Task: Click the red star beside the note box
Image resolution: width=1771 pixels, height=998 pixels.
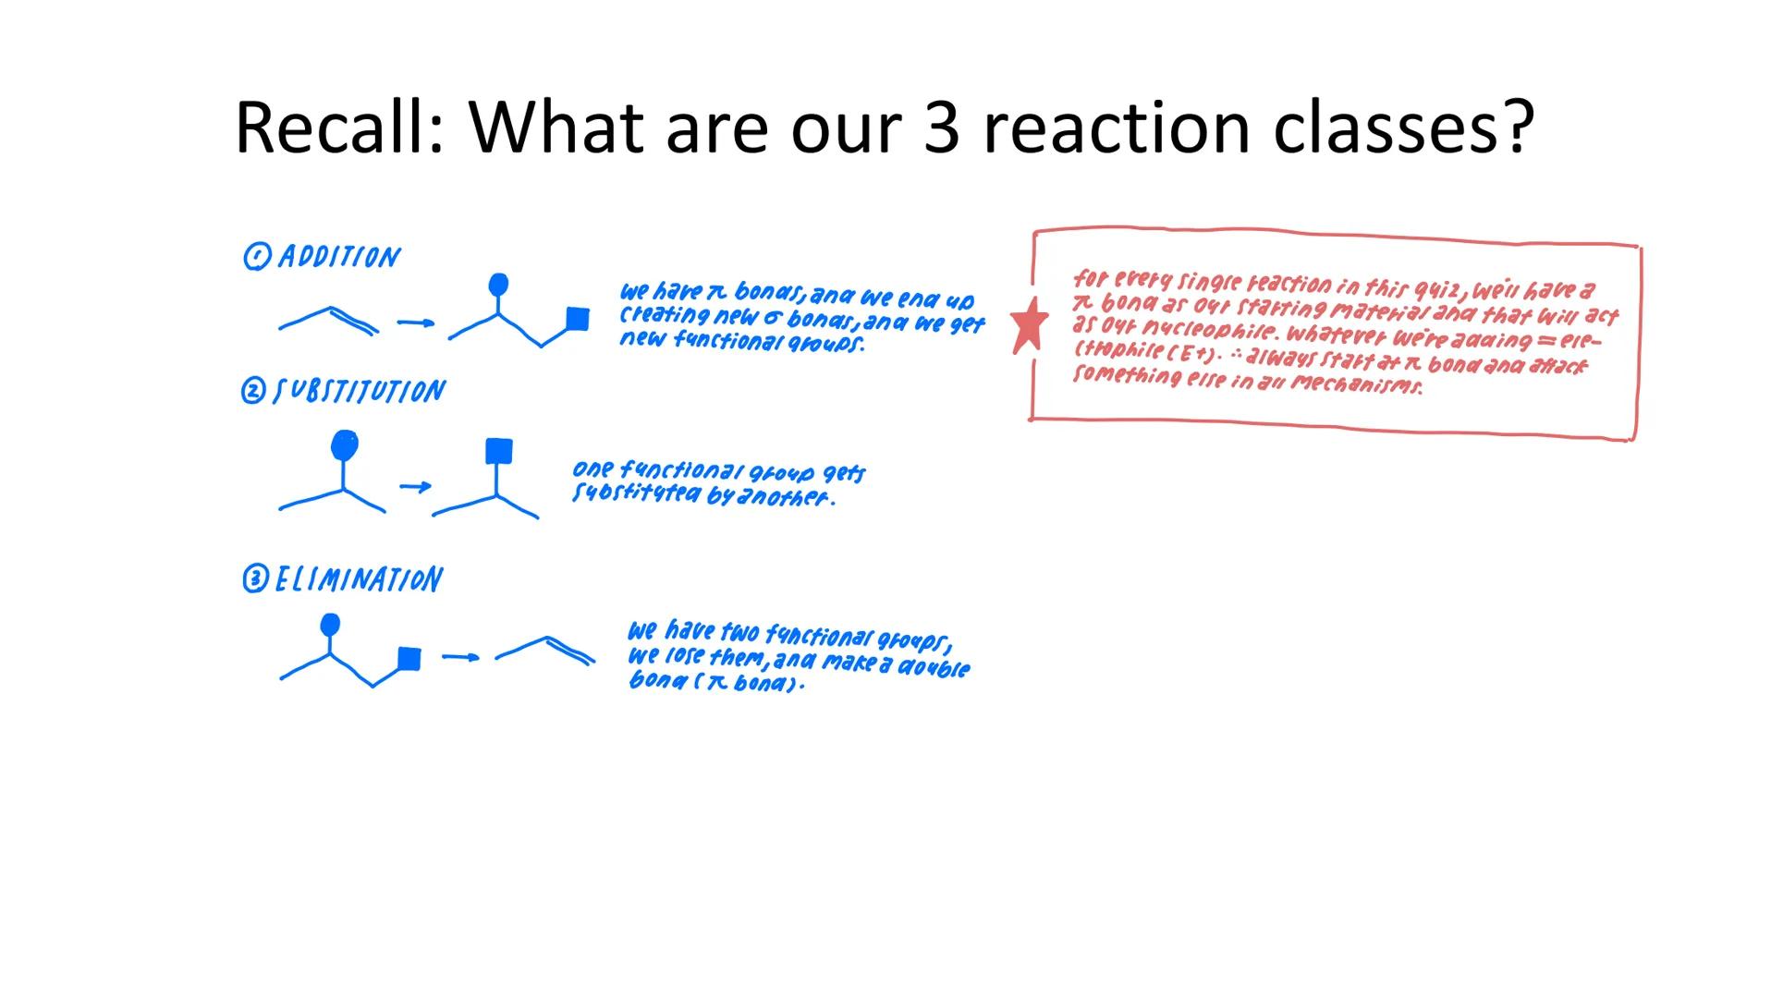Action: click(1029, 324)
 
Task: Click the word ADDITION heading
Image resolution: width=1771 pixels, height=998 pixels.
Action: click(339, 257)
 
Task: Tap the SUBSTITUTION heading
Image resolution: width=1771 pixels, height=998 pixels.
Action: click(360, 392)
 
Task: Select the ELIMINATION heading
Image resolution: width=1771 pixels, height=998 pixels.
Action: click(359, 579)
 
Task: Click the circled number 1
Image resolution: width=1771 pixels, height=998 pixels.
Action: click(256, 257)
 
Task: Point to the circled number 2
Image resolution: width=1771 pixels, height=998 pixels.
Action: click(252, 392)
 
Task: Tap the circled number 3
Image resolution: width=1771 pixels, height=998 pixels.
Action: click(254, 579)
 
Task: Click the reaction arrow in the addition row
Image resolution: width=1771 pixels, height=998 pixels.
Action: click(415, 323)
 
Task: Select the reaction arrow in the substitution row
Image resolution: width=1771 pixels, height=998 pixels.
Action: click(415, 486)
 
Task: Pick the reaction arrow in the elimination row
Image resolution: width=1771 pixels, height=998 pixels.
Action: click(460, 657)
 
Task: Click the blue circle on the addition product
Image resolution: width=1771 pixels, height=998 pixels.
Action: click(498, 284)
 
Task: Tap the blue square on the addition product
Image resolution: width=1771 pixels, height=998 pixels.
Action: click(578, 319)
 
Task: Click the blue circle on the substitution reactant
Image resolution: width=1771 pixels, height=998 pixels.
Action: click(344, 445)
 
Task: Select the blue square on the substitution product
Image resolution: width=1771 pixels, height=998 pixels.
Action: click(498, 451)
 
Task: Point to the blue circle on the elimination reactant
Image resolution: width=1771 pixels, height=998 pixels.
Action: click(329, 626)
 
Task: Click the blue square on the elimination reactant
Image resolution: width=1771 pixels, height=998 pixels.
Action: click(409, 658)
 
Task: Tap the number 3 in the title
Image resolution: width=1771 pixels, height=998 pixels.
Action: click(942, 128)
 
